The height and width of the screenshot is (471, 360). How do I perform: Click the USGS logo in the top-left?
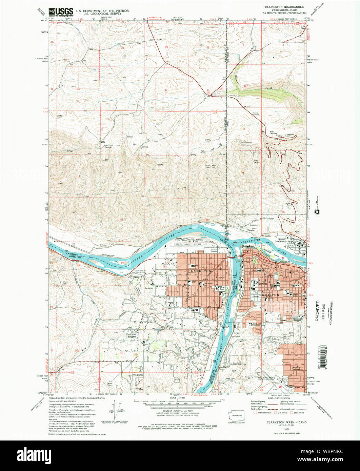click(61, 13)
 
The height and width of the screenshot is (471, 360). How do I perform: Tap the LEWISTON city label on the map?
click(269, 295)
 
